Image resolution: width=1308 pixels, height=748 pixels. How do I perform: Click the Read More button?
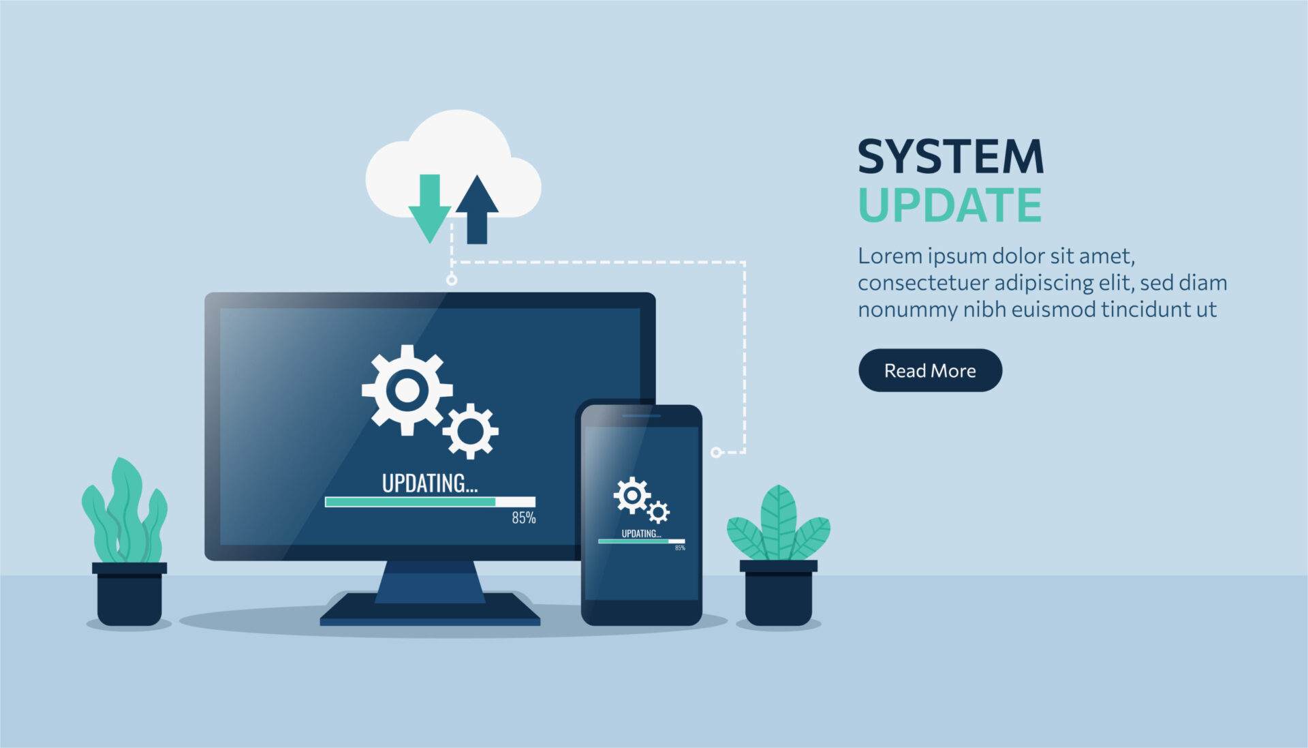(930, 370)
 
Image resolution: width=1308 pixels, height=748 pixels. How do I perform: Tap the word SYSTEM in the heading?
(950, 157)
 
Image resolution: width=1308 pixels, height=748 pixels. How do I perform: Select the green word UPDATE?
(950, 205)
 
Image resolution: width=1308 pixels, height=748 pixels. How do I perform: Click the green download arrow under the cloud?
(429, 209)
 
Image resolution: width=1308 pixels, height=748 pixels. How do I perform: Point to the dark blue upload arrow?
(477, 209)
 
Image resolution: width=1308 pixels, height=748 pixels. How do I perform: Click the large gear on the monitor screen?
(407, 390)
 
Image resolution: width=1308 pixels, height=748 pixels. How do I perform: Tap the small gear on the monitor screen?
(470, 431)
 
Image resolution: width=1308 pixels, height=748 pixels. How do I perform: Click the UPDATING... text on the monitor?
(430, 483)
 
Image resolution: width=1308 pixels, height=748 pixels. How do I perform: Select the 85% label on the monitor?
(524, 518)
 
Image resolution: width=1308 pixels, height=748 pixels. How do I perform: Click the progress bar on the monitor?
(430, 502)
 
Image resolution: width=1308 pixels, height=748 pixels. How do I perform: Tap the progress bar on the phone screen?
(642, 541)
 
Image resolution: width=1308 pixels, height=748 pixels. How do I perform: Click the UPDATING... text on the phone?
(641, 533)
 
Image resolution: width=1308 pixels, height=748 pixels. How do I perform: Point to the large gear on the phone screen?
(632, 495)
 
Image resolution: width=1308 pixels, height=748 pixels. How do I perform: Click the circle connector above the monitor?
(452, 280)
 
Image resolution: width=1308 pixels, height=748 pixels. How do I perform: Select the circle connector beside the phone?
(716, 452)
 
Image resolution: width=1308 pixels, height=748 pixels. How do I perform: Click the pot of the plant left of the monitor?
(129, 593)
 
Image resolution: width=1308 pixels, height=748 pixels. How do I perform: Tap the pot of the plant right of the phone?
(779, 593)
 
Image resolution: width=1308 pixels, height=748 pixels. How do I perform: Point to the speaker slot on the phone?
(641, 415)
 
